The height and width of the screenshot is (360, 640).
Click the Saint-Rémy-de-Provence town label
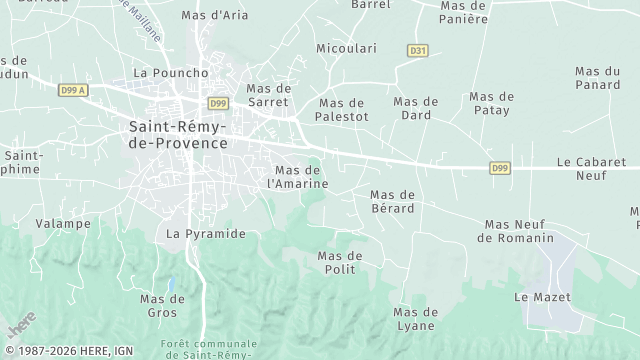pyautogui.click(x=177, y=135)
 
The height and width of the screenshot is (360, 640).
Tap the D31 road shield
pyautogui.click(x=417, y=50)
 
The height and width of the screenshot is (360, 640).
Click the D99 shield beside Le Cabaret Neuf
pyautogui.click(x=500, y=168)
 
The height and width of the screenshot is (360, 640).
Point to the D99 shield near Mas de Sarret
pyautogui.click(x=218, y=103)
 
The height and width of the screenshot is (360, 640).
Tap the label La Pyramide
pyautogui.click(x=205, y=234)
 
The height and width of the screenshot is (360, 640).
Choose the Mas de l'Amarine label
pyautogui.click(x=298, y=177)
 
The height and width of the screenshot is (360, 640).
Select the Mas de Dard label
pyautogui.click(x=416, y=108)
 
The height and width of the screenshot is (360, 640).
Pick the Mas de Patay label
pyautogui.click(x=491, y=103)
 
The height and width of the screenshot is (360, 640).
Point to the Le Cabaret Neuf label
pyautogui.click(x=591, y=168)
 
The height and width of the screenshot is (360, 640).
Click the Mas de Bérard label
pyautogui.click(x=392, y=201)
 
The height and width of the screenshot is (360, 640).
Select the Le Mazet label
pyautogui.click(x=535, y=298)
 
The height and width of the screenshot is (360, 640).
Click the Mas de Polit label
pyautogui.click(x=339, y=263)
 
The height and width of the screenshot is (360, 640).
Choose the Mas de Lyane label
pyautogui.click(x=415, y=319)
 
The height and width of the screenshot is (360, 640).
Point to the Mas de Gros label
pyautogui.click(x=162, y=306)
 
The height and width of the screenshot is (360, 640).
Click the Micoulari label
pyautogui.click(x=342, y=49)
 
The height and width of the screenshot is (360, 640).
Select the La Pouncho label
pyautogui.click(x=170, y=73)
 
